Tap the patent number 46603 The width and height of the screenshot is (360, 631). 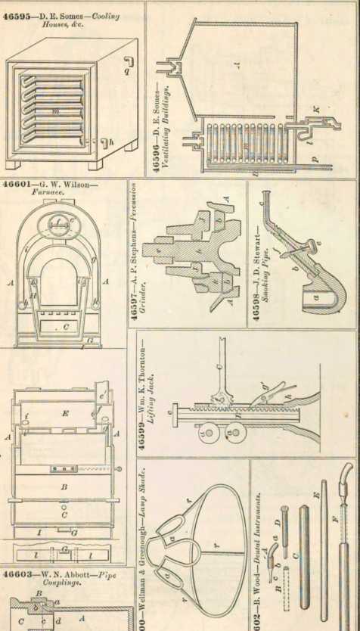(18, 573)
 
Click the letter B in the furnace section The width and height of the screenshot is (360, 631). (65, 488)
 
